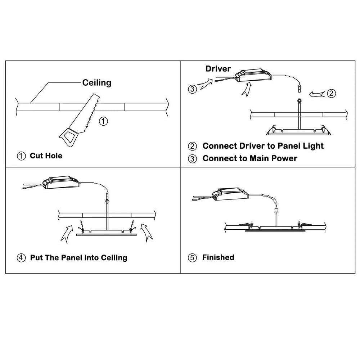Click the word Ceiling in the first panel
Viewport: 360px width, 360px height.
click(97, 82)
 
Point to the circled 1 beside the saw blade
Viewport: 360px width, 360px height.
click(103, 121)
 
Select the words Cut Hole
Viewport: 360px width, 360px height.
click(46, 156)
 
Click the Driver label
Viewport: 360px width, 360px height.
click(218, 69)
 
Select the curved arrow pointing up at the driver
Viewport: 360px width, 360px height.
click(246, 89)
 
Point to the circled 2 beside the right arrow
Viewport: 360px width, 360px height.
click(331, 93)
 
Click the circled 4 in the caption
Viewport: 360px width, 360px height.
click(22, 258)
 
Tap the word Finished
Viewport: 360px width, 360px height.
click(218, 257)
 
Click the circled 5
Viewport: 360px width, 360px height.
click(193, 258)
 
